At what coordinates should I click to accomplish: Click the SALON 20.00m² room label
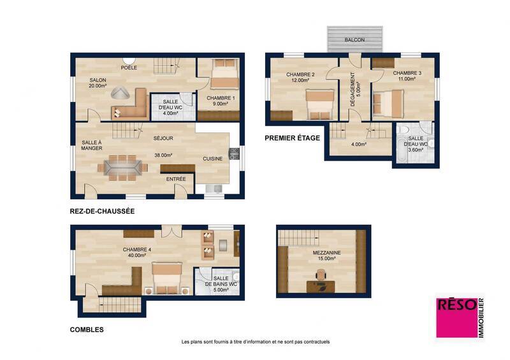98,83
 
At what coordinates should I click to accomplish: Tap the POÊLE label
129,67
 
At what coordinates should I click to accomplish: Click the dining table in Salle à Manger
123,166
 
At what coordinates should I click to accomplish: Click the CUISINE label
213,159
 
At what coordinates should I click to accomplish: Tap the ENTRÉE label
176,179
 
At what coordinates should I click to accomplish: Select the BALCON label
354,40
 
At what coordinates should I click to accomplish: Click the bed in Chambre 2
319,103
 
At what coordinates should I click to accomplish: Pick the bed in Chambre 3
388,102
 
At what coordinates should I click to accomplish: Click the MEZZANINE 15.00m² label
326,256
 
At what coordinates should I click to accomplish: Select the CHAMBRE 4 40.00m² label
136,252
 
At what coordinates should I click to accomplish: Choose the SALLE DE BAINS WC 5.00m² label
221,283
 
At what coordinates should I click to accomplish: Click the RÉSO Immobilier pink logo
459,317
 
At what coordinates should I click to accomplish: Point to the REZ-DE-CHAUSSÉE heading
101,210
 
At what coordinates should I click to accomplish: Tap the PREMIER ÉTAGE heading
292,137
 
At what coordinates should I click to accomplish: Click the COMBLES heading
87,330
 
